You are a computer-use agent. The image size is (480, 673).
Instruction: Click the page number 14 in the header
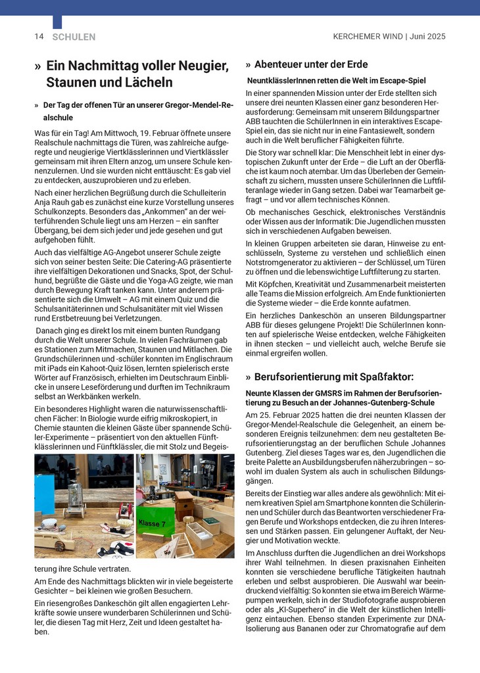tap(39, 37)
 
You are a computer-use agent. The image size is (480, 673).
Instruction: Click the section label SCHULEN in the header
tap(74, 37)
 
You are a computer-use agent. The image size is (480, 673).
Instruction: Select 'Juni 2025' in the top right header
tap(427, 37)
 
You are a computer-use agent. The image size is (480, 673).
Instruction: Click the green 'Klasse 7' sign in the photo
tap(153, 522)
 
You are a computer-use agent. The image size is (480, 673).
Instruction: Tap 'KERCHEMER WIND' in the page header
tap(368, 37)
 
